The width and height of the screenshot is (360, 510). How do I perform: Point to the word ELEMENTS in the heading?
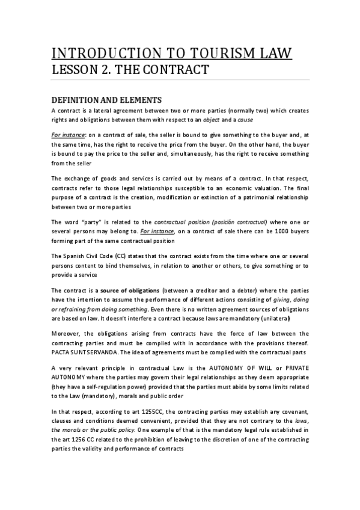tap(141, 100)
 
